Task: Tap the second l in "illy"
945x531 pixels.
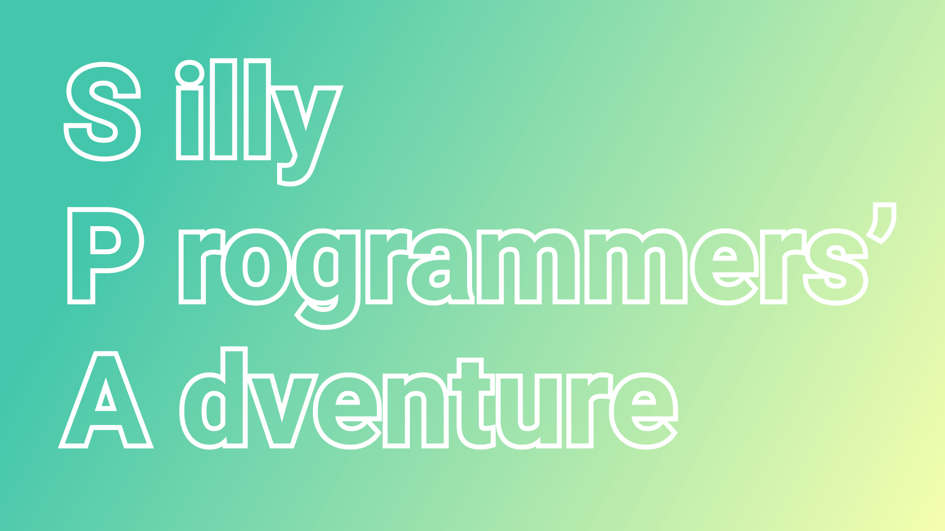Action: pyautogui.click(x=257, y=110)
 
